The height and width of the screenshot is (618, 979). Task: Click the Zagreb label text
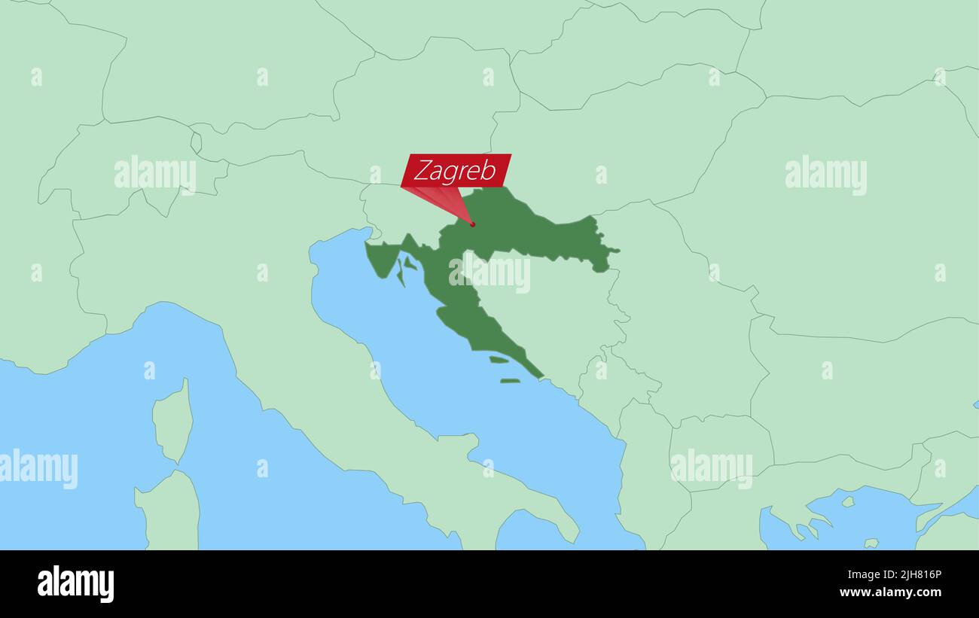click(455, 171)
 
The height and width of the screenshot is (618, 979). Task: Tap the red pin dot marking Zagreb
click(472, 224)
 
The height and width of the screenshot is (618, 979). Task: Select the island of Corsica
click(172, 422)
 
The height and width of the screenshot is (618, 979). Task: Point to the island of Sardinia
click(168, 512)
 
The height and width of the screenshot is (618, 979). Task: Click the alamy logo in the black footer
click(75, 584)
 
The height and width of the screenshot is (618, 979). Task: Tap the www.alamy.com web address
click(890, 592)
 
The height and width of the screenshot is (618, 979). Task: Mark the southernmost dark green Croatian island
click(510, 381)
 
